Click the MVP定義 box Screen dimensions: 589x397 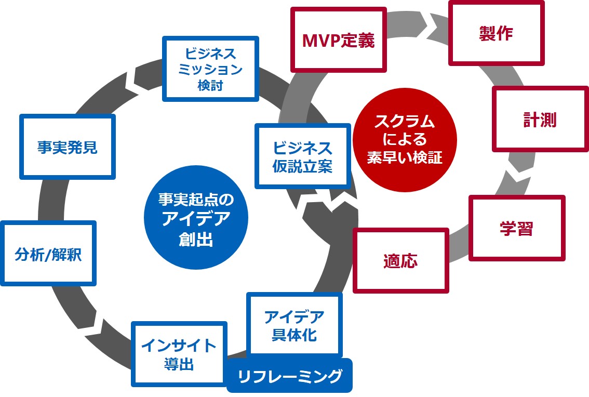[x=339, y=40]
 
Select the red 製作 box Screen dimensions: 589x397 [x=496, y=33]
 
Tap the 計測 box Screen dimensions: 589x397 [x=540, y=119]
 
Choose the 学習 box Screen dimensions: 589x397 [x=517, y=228]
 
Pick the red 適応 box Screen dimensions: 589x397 [x=401, y=260]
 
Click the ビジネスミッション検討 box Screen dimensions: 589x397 [x=210, y=69]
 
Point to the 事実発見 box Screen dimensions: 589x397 [x=68, y=147]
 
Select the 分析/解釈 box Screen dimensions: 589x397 [x=48, y=254]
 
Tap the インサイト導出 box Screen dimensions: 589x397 [x=179, y=354]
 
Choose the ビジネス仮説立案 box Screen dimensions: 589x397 [x=303, y=156]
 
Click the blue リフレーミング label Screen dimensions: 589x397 [x=290, y=376]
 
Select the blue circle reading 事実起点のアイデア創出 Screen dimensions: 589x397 [x=196, y=218]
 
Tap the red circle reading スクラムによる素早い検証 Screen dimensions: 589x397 [x=405, y=140]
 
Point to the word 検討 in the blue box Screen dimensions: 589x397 [x=210, y=85]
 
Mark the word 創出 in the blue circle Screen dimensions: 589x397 [x=196, y=239]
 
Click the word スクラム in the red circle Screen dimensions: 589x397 [x=405, y=121]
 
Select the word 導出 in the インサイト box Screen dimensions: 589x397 [x=179, y=364]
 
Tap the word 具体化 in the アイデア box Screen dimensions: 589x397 [x=294, y=335]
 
